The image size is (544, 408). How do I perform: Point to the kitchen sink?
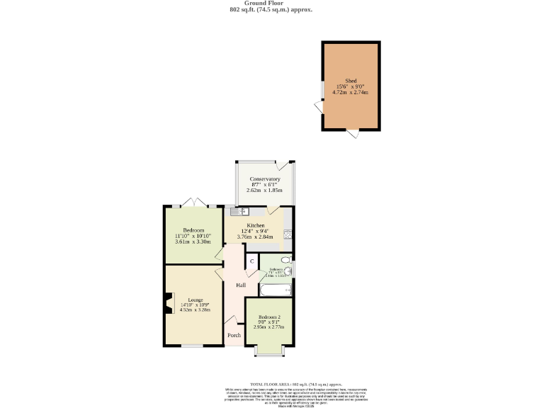237,211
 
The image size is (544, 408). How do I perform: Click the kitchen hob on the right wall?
288,234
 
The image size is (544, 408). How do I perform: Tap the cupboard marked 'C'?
251,261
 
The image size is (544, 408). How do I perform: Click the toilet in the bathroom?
285,260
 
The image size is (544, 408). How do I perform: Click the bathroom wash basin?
289,271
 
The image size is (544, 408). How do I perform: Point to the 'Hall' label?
241,285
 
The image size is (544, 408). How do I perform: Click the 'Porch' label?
233,335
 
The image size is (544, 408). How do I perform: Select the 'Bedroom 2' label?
269,317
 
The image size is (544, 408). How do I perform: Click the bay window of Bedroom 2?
269,351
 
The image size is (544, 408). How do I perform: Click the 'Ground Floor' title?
271,3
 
